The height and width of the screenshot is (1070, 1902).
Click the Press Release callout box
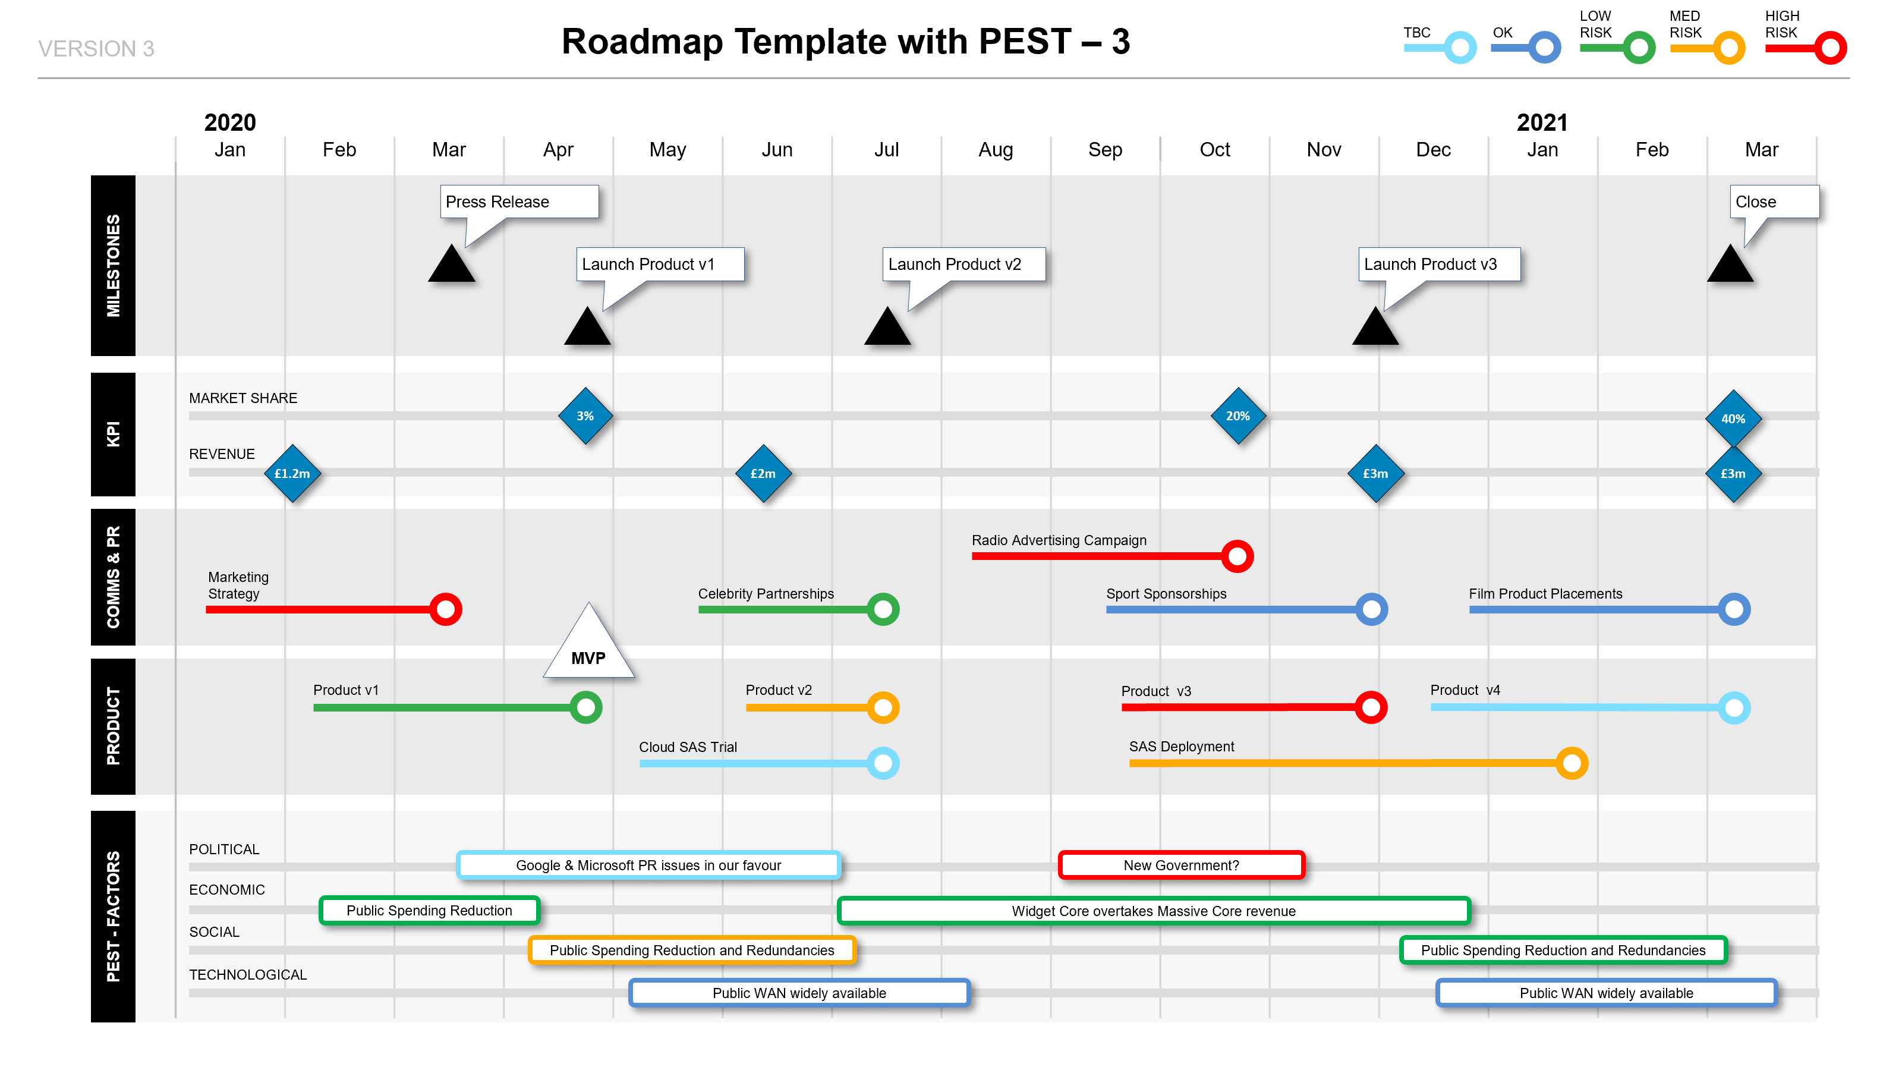[519, 202]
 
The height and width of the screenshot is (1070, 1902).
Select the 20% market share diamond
[1238, 416]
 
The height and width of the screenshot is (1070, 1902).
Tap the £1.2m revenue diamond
[292, 473]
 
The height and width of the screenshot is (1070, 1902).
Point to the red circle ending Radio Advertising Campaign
[1237, 556]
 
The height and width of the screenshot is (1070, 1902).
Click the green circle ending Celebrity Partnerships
[883, 609]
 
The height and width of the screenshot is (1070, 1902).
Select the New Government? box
[1182, 865]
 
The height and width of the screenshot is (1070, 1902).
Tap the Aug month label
[996, 150]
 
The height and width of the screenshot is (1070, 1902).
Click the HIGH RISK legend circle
[1831, 48]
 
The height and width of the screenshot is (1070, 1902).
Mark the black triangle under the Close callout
[1730, 263]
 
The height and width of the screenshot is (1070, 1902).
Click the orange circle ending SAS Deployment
[1572, 763]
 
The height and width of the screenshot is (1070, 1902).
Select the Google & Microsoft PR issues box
[648, 865]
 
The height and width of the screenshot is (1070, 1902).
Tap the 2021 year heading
[1542, 122]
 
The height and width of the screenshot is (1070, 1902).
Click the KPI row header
[113, 434]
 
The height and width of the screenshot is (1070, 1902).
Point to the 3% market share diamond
[585, 416]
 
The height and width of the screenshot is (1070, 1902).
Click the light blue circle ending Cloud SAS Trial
[883, 763]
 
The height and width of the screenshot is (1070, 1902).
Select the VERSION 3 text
[96, 49]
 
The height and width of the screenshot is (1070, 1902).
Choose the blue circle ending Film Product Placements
[1734, 609]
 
